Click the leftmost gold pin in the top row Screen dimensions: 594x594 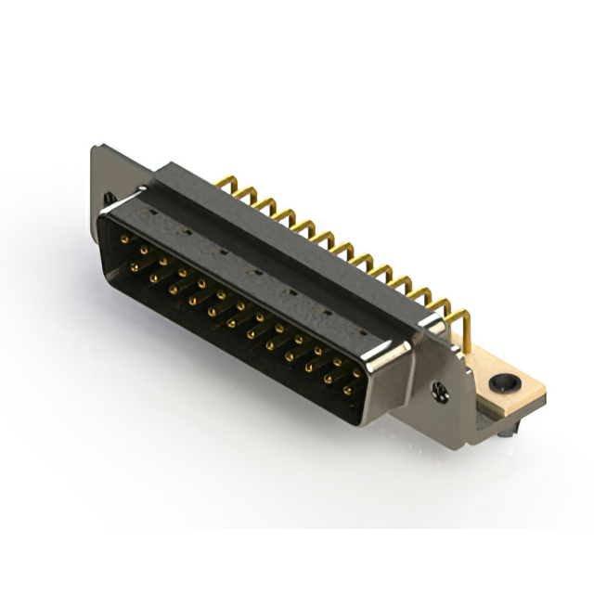(124, 239)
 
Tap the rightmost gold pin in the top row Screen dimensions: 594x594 (357, 373)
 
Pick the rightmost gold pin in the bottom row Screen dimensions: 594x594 (347, 391)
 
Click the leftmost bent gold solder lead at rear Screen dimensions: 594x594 (224, 183)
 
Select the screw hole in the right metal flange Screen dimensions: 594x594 (442, 391)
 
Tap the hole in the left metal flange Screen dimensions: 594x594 (109, 198)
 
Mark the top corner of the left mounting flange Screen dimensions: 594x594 (96, 147)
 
